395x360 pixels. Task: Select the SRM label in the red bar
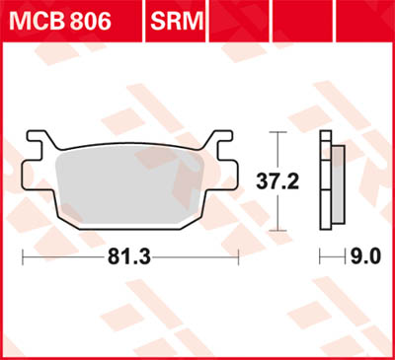coord(176,19)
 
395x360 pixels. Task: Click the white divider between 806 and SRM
coord(140,19)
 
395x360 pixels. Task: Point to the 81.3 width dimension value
coord(129,257)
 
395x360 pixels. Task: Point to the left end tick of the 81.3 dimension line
coord(23,257)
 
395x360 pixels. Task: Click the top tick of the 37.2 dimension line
coord(279,131)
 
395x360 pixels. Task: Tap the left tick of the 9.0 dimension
coord(320,257)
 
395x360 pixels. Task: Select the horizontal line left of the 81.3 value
coord(64,257)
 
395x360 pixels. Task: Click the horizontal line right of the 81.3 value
coord(197,257)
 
